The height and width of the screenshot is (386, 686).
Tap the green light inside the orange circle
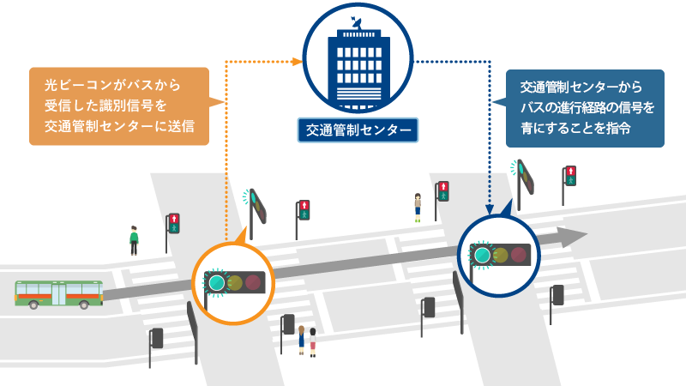click(216, 281)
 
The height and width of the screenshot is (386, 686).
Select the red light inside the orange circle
click(253, 281)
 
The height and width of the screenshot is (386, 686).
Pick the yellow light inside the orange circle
click(235, 281)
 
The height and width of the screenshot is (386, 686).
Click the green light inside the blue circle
click(482, 255)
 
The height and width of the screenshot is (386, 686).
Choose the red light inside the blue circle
click(519, 255)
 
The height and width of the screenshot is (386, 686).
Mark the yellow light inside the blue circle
click(501, 255)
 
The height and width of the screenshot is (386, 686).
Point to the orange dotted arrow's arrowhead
click(299, 61)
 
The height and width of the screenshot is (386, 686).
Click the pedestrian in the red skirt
click(313, 341)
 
